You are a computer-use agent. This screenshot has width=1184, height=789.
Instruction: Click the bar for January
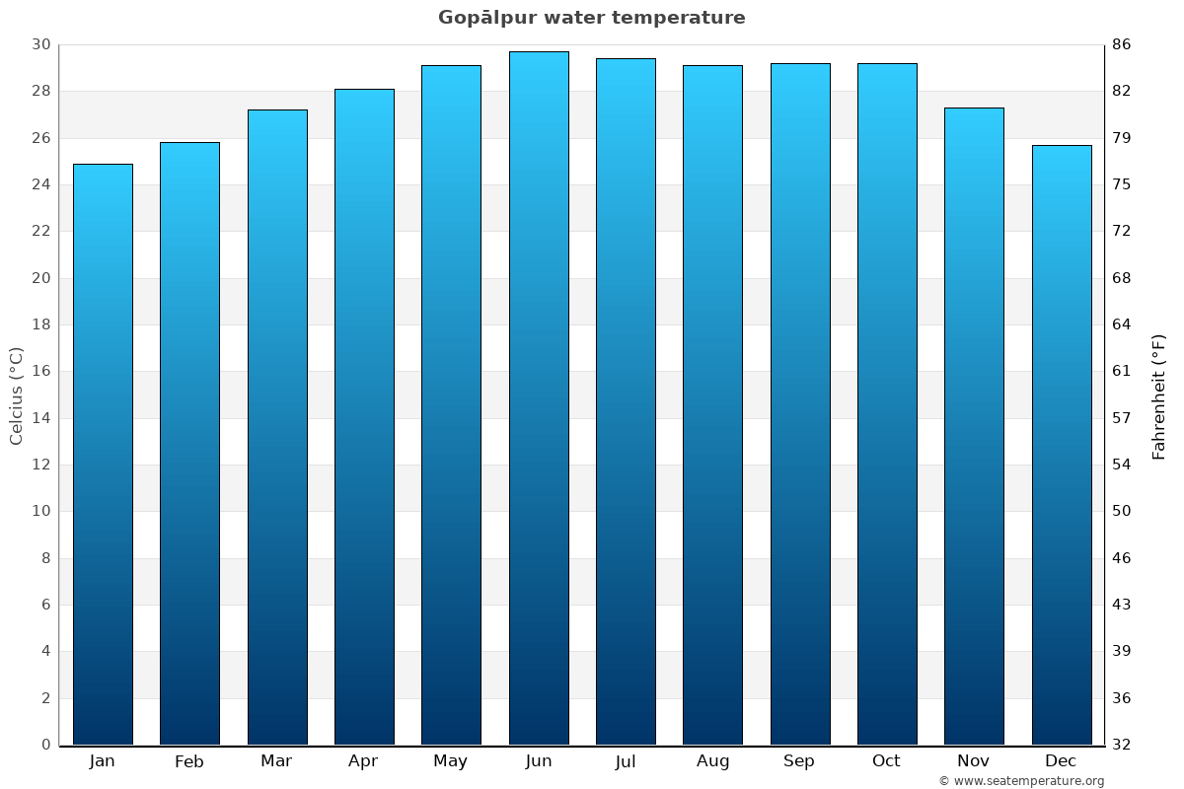pos(103,454)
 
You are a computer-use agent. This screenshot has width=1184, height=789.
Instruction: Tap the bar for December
pos(1062,445)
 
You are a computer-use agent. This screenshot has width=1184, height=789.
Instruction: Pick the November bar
pos(974,426)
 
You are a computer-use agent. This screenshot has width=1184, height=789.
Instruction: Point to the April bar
pos(364,416)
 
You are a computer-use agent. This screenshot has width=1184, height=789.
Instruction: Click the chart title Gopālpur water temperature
pos(592,18)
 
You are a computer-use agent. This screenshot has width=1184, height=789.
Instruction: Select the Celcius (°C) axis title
pos(16,395)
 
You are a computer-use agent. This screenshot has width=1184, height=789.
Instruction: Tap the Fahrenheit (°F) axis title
pos(1159,395)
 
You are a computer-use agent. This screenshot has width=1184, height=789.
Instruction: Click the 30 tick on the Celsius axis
pos(40,44)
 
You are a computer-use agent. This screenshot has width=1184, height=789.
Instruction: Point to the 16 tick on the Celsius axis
pos(40,371)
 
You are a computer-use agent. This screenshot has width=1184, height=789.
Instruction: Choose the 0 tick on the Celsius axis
pos(45,745)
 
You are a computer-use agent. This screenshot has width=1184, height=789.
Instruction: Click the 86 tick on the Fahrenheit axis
pos(1122,44)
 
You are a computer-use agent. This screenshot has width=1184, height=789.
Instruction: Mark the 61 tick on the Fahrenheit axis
pos(1122,371)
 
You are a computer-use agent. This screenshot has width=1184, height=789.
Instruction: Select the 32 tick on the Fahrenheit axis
pos(1122,745)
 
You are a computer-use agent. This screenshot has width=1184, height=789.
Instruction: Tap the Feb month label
pos(189,761)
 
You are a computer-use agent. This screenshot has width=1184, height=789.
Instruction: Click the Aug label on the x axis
pos(712,761)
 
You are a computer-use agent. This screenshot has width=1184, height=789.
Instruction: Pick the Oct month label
pos(886,761)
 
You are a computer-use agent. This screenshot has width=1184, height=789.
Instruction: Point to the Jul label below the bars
pos(626,761)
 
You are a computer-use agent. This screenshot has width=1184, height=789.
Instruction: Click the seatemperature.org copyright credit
pos(1021,781)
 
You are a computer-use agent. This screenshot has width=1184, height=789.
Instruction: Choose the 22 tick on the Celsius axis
pos(40,231)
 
